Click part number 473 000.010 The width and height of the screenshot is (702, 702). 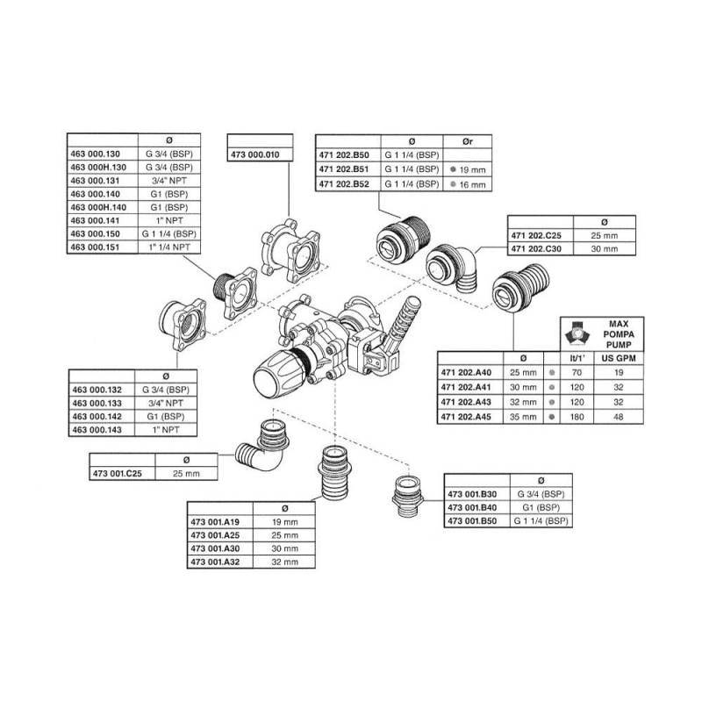[254, 154]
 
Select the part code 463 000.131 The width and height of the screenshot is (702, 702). [98, 178]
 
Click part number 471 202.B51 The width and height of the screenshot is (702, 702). [345, 168]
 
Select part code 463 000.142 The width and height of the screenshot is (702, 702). [98, 417]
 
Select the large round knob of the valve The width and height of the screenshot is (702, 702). [275, 380]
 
